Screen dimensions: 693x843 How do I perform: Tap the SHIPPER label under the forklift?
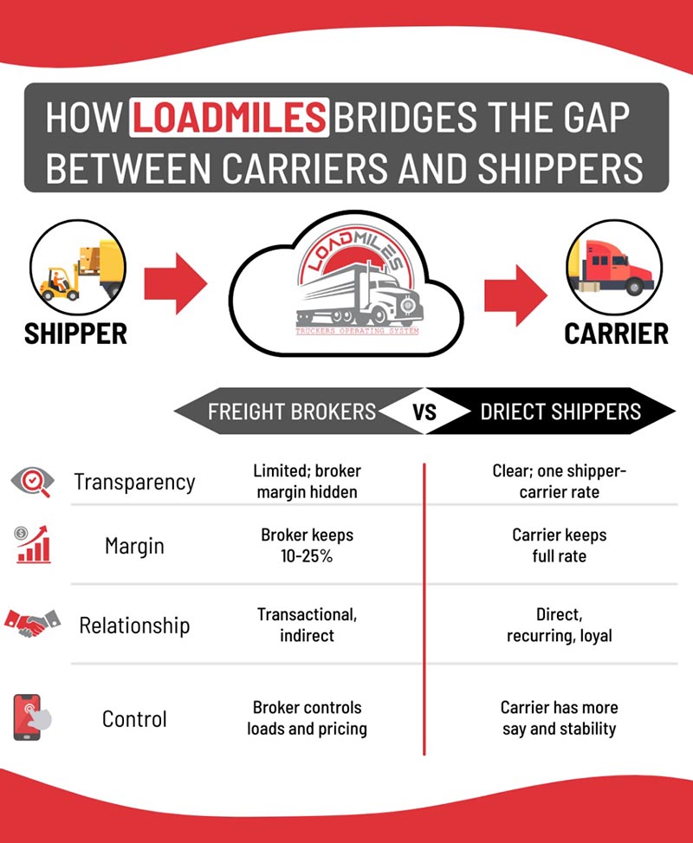click(75, 333)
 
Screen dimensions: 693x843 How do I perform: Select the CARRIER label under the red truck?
click(616, 334)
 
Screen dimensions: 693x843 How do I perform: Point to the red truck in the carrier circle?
click(616, 264)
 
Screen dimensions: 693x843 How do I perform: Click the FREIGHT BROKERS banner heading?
click(291, 411)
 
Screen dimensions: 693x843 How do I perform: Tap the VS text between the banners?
click(424, 412)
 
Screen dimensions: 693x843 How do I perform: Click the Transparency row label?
click(134, 482)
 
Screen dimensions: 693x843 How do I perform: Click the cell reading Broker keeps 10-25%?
click(307, 546)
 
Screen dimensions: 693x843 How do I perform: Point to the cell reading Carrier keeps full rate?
click(559, 546)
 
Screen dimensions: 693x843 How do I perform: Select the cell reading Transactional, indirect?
click(307, 625)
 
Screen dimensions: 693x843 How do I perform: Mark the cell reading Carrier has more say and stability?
click(559, 718)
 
